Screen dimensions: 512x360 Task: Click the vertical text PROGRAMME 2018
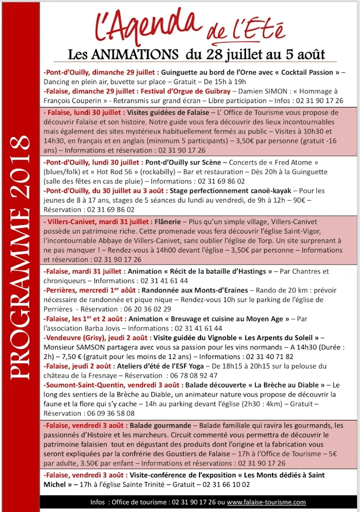[19, 258]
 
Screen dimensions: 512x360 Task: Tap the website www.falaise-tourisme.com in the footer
[266, 502]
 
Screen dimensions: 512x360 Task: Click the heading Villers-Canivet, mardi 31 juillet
[97, 221]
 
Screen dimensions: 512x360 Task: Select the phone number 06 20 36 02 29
[145, 309]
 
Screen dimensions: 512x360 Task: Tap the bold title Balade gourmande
[159, 425]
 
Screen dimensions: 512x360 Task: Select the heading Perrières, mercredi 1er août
[91, 290]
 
